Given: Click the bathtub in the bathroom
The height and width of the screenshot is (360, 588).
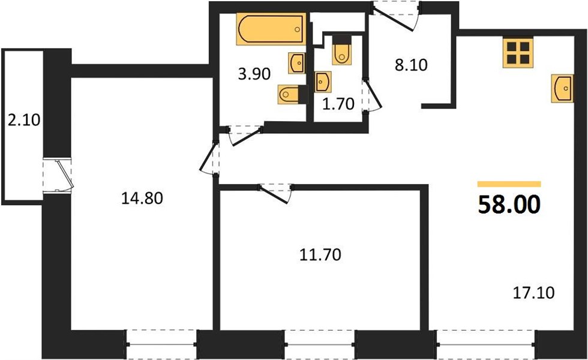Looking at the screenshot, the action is pos(271,29).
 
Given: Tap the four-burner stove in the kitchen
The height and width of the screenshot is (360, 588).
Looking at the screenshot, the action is pos(518,53).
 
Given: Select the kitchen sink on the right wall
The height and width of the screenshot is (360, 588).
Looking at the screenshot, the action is pos(562,88).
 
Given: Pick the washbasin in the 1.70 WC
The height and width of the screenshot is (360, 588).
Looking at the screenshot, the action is pos(323,82).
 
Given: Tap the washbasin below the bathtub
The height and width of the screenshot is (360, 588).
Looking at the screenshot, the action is pos(296,63).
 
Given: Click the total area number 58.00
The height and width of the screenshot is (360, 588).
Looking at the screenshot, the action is pos(509,205).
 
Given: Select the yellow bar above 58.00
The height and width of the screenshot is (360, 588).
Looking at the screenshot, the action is pos(509,184).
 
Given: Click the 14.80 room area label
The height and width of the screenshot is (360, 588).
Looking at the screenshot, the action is pos(142,198).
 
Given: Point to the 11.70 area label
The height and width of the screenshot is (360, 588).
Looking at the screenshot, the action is pos(320,254).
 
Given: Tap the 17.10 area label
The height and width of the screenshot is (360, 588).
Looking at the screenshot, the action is pos(533,293).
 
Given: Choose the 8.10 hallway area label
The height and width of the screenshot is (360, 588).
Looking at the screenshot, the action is pos(411,65).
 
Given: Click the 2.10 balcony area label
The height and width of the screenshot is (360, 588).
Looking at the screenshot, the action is pos(23,120).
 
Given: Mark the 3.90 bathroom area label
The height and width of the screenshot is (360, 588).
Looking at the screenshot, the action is pos(254,74).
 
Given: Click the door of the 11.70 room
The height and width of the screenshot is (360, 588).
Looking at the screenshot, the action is pos(275,193).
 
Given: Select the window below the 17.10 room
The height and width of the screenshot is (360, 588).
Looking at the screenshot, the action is pos(486,344).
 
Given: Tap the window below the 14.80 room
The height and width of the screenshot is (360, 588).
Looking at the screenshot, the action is pos(161,344).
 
